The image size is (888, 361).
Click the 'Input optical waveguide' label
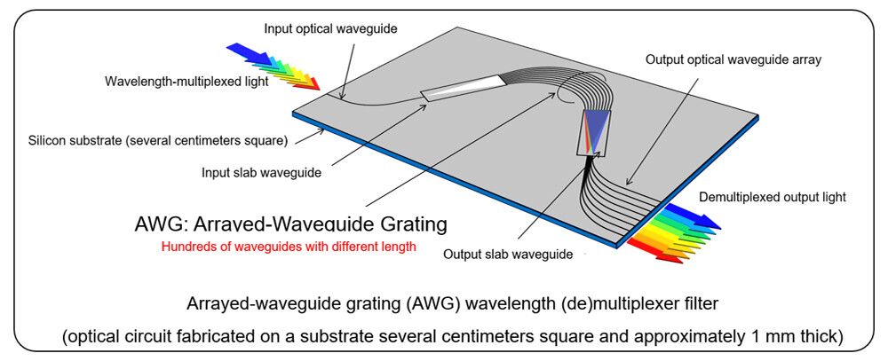pos(329,28)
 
